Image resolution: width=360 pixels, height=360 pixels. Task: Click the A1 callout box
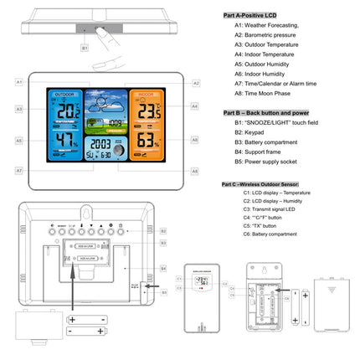tap(18, 82)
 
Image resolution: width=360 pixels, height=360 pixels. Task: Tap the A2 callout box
tap(196, 83)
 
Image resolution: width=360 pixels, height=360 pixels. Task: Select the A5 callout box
tap(18, 141)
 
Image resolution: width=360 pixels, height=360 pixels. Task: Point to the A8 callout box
tap(195, 171)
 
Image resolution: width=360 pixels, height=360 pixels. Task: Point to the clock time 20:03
tap(100, 143)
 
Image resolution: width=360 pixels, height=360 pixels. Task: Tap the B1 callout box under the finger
tap(85, 49)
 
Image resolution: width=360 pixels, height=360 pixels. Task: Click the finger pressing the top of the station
tap(105, 38)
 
